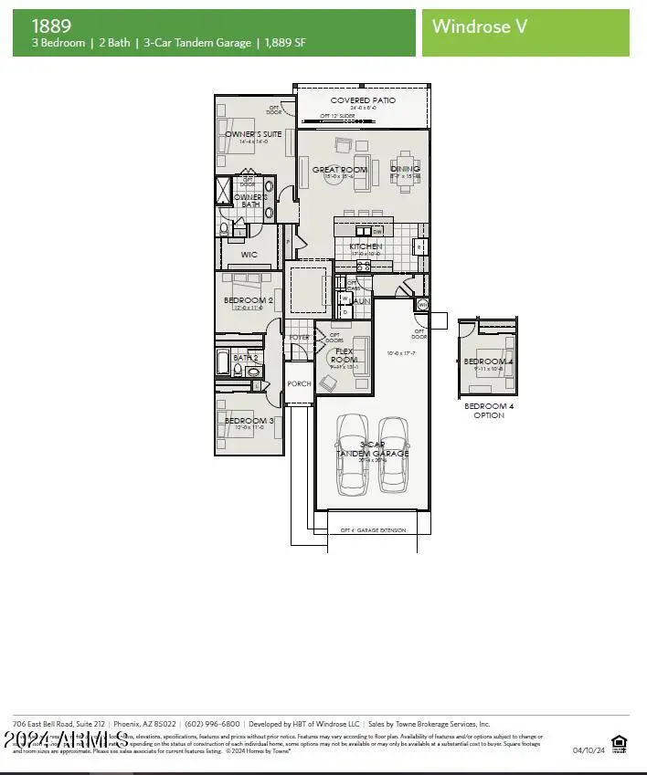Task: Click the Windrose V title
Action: click(479, 26)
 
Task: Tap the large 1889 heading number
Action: click(51, 26)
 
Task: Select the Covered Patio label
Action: click(363, 100)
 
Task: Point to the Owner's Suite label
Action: click(253, 134)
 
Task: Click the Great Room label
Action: click(340, 170)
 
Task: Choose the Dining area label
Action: click(405, 169)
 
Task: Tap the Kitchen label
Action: click(366, 246)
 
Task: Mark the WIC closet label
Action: click(249, 255)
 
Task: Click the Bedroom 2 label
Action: click(248, 300)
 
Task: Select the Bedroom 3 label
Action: click(249, 421)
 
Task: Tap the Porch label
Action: click(299, 384)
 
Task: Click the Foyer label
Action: click(299, 338)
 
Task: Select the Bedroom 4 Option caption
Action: click(489, 411)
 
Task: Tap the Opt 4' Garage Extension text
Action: click(373, 530)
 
